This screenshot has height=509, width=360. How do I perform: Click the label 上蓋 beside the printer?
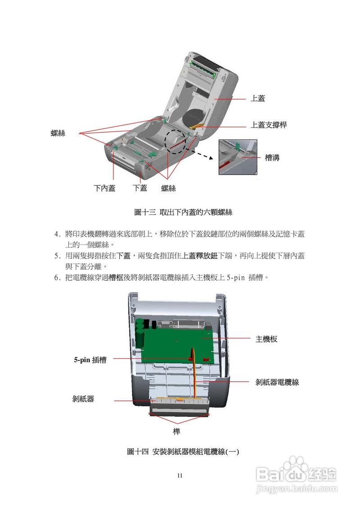[257, 98]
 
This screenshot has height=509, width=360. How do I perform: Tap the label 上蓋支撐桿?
[268, 126]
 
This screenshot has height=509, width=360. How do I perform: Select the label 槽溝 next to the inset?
[272, 158]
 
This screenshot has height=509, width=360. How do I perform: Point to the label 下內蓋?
[104, 188]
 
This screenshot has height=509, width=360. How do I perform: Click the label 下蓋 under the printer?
[140, 188]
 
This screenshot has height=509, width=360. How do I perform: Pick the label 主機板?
[266, 339]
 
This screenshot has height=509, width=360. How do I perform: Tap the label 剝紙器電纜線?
[277, 382]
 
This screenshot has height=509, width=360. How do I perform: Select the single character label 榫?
[177, 432]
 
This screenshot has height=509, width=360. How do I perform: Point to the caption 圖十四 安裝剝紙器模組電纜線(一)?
[183, 451]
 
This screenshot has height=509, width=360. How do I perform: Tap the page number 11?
[180, 476]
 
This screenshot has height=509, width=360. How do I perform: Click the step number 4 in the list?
[57, 234]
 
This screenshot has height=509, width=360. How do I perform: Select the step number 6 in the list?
[57, 278]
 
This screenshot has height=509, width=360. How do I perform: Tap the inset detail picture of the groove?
[238, 157]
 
